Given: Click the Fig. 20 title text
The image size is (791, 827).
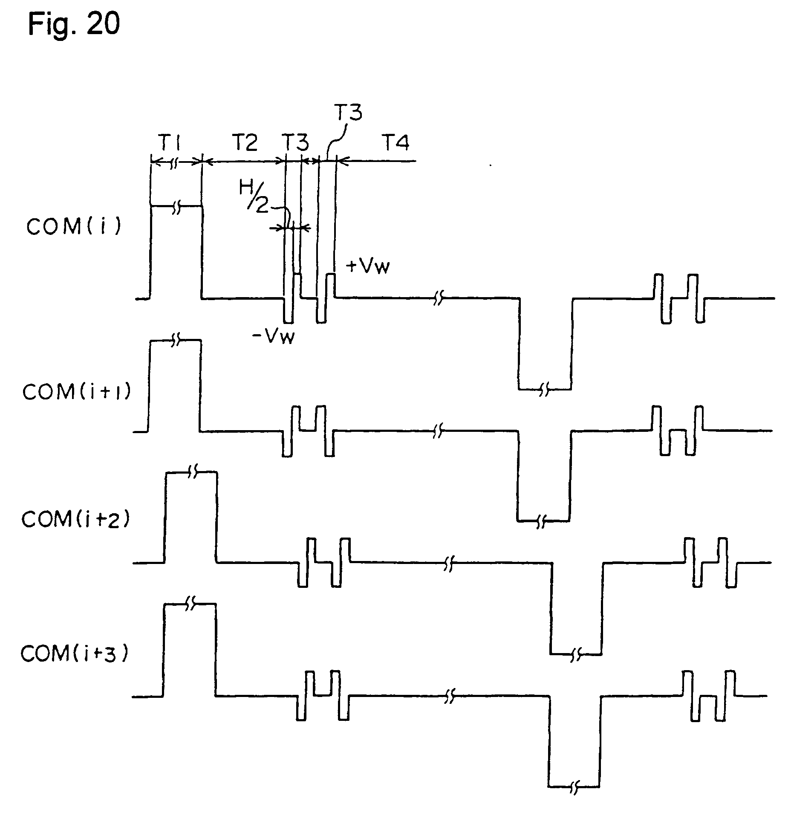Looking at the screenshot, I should (74, 24).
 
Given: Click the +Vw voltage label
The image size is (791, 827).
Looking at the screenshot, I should (368, 267).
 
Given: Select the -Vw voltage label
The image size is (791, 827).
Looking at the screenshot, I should (273, 338).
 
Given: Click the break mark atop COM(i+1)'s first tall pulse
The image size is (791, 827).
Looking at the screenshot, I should (176, 340).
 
